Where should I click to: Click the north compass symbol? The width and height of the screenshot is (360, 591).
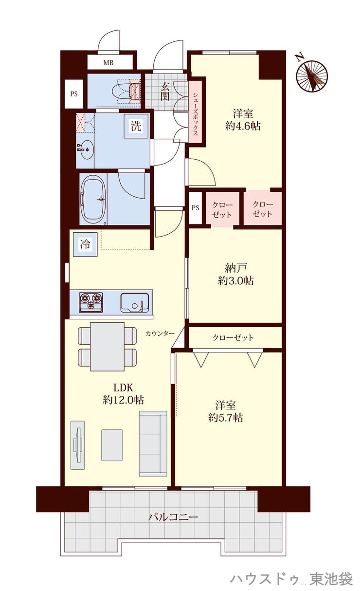(x=312, y=76)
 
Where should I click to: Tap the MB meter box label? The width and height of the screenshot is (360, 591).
(x=108, y=63)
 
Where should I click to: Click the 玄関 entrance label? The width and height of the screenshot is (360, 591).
(x=165, y=92)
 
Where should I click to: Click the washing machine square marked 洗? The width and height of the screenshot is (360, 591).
(x=136, y=126)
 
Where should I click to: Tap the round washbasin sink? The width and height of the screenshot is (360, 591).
(x=86, y=149)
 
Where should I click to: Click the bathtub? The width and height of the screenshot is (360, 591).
(x=93, y=199)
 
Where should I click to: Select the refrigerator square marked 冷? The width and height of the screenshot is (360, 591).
(x=85, y=244)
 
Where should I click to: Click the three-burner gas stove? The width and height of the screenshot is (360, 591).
(x=90, y=303)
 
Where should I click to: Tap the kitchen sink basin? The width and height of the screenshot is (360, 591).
(x=135, y=302)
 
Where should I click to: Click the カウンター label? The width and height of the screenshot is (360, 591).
(x=160, y=333)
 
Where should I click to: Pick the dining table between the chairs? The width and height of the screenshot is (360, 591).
(x=108, y=347)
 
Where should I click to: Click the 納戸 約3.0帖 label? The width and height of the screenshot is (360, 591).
(x=235, y=275)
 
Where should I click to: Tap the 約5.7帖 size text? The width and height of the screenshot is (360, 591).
(x=226, y=418)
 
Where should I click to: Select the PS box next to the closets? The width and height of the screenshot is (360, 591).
(x=196, y=208)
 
